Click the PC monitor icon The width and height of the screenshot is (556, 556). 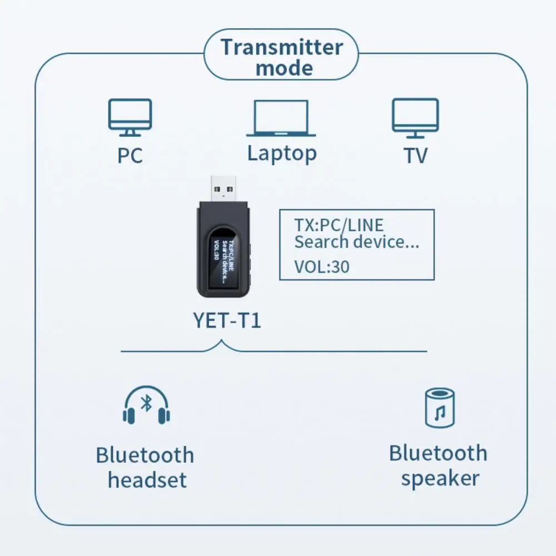click(130, 117)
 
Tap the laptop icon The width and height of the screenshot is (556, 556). click(281, 118)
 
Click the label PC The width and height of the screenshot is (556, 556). click(130, 155)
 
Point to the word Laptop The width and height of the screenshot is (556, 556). click(282, 153)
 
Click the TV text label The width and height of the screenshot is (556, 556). click(415, 155)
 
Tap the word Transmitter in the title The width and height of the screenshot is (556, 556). click(281, 47)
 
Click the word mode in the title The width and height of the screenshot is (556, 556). click(284, 68)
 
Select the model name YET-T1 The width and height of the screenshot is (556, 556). click(227, 320)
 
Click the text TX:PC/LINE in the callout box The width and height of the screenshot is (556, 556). click(339, 225)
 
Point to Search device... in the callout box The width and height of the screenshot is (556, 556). click(356, 242)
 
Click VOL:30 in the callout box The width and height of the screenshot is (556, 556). click(322, 267)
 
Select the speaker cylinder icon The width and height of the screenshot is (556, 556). click(439, 407)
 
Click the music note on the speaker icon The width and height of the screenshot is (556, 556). click(440, 413)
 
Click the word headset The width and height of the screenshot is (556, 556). click(147, 480)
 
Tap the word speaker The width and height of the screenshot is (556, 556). click(440, 478)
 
